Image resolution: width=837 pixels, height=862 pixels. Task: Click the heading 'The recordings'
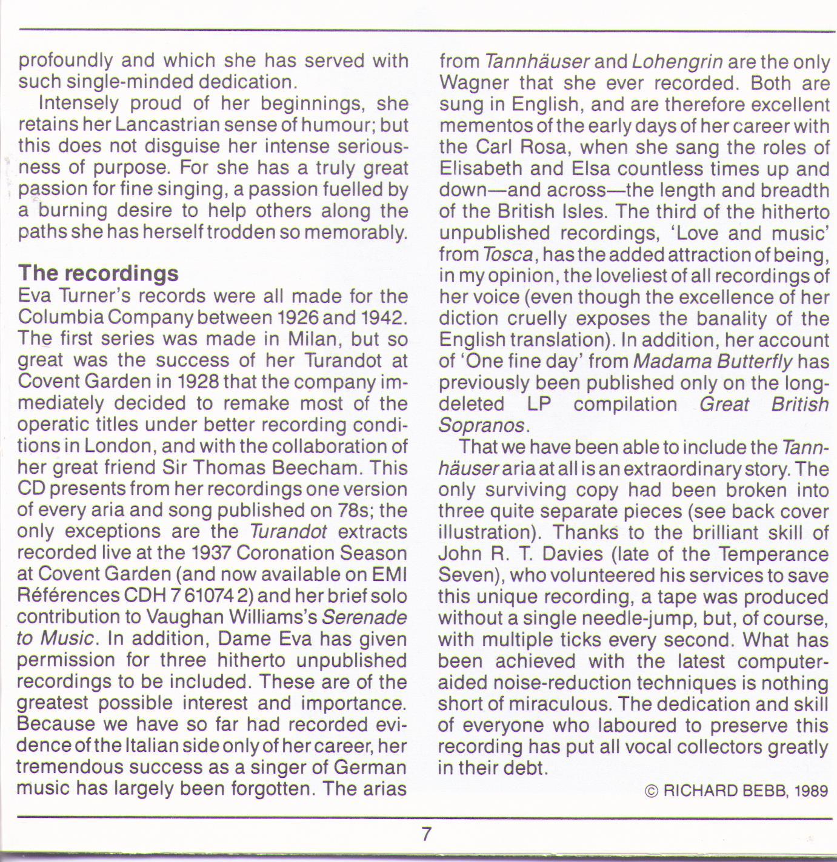pos(98,273)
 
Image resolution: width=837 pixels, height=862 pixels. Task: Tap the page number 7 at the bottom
pos(426,834)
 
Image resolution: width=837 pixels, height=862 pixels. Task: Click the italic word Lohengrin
pos(677,62)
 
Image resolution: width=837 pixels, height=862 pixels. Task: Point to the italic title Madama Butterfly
pos(713,362)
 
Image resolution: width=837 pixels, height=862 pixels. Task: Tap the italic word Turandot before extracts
pos(288,532)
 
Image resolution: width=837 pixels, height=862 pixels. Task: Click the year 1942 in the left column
pos(384,317)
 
